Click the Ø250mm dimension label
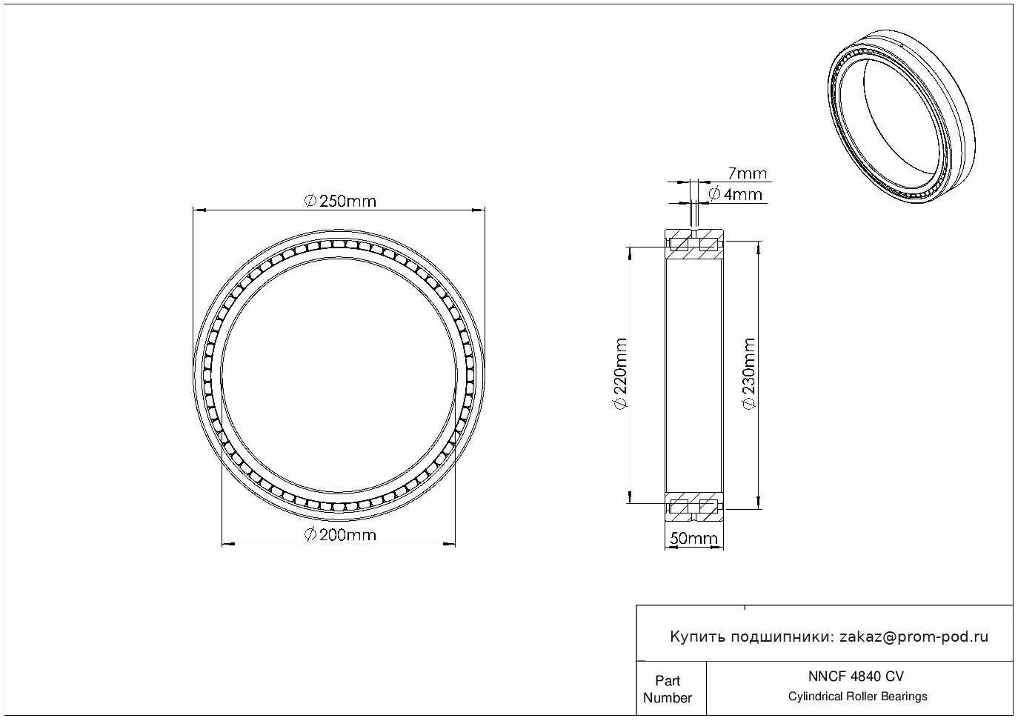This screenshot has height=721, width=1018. click(x=340, y=201)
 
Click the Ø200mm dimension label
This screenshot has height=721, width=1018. click(x=340, y=535)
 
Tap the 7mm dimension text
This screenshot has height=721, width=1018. click(x=747, y=173)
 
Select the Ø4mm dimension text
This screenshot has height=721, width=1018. click(x=735, y=194)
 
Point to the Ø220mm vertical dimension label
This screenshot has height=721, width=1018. click(x=620, y=373)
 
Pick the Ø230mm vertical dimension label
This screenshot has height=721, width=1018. click(x=748, y=373)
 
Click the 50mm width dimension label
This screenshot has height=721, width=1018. click(x=693, y=538)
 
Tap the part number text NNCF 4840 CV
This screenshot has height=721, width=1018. click(x=856, y=677)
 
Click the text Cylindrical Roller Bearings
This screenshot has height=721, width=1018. click(x=857, y=697)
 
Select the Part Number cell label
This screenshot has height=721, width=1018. click(x=667, y=689)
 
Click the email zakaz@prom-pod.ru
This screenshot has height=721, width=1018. click(x=914, y=637)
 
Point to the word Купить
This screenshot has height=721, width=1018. click(x=698, y=637)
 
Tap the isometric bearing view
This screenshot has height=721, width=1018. click(x=901, y=116)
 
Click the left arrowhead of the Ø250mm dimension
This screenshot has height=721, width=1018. click(x=199, y=210)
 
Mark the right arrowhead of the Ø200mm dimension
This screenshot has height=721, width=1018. click(x=449, y=544)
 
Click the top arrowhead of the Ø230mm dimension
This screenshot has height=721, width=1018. click(x=759, y=247)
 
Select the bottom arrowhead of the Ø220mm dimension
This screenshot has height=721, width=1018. click(x=630, y=497)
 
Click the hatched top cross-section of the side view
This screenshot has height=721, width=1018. click(x=694, y=245)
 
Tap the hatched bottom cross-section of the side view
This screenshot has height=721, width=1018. click(x=694, y=506)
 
